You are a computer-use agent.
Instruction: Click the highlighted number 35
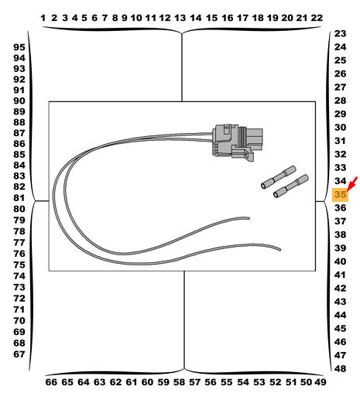coord(340,194)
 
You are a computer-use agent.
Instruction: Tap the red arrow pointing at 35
coord(352,184)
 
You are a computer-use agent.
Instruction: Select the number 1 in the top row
coord(43,18)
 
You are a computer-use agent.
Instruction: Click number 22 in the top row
coord(317,18)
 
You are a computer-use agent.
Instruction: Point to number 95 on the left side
coord(19,47)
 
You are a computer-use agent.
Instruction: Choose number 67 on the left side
coord(19,354)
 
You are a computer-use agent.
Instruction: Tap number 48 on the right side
coord(340,369)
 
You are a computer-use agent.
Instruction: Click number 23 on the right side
coord(340,33)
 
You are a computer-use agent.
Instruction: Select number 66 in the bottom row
coord(51,382)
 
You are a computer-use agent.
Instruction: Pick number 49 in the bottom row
coord(320,382)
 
